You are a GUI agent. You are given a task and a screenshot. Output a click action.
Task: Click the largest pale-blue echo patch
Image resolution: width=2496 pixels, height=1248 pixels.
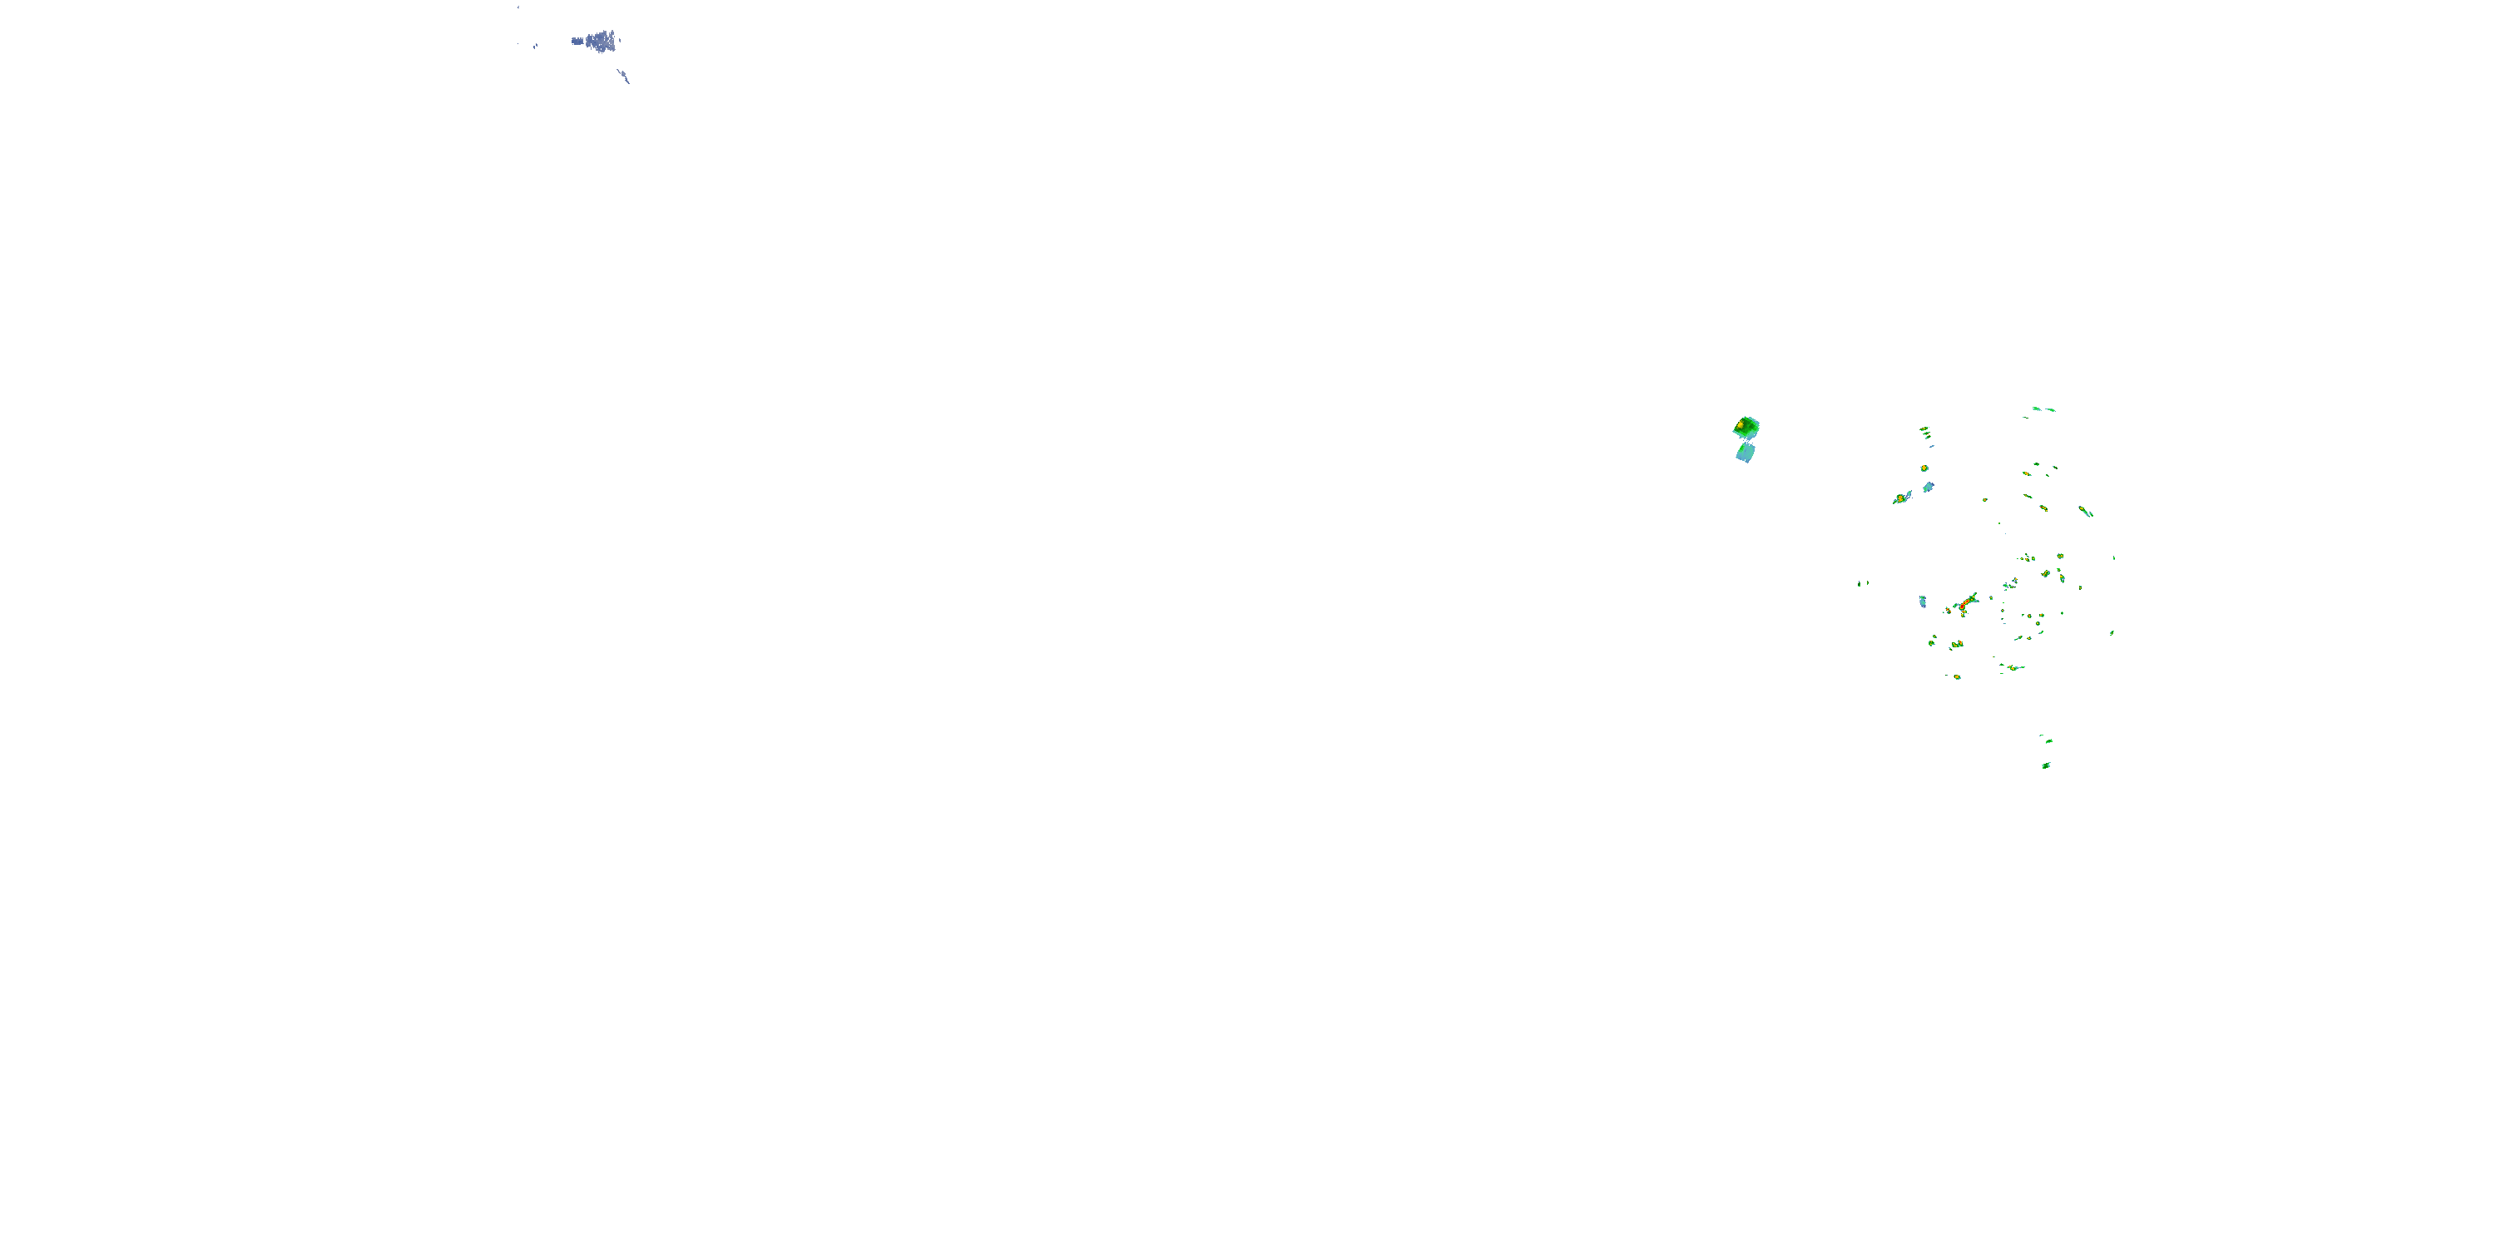(602, 42)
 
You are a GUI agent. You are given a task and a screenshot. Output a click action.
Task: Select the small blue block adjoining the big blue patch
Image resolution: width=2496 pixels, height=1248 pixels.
(577, 41)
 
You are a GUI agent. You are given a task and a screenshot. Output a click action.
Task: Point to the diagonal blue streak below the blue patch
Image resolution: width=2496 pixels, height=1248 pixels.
(624, 75)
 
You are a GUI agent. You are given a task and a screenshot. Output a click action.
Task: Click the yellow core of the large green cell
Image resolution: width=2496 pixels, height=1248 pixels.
(1741, 424)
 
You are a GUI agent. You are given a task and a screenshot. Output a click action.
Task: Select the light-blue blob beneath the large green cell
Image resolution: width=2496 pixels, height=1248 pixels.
(1745, 453)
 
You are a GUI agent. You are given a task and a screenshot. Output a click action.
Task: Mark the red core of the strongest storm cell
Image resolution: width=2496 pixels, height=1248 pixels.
(1963, 606)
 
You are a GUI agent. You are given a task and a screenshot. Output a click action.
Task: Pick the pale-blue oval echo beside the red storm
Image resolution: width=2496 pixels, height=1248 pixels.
(1923, 602)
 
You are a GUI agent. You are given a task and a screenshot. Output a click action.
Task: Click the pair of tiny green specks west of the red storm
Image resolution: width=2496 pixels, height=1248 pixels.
(1862, 583)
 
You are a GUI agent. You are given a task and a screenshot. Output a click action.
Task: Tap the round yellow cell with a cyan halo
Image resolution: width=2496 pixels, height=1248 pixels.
(1924, 468)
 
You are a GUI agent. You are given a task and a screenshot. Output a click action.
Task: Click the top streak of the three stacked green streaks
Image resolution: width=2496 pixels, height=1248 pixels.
(1924, 428)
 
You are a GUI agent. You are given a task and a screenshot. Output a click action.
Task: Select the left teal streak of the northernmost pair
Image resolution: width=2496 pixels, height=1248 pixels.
(2037, 408)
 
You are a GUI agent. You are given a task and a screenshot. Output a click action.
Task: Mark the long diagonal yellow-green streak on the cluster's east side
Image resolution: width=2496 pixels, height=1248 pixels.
(2085, 511)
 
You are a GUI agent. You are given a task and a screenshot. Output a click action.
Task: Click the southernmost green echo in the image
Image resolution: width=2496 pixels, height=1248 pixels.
(2045, 765)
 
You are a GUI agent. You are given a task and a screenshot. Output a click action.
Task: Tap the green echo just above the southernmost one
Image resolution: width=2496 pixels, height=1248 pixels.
(2048, 741)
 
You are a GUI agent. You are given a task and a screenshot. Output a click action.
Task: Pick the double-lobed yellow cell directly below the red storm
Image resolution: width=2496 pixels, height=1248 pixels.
(1956, 644)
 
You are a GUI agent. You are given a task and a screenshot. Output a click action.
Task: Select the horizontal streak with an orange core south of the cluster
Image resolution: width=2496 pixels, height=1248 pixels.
(2013, 667)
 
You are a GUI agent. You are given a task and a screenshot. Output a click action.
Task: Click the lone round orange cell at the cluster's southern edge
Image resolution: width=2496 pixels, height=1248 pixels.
(1956, 676)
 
